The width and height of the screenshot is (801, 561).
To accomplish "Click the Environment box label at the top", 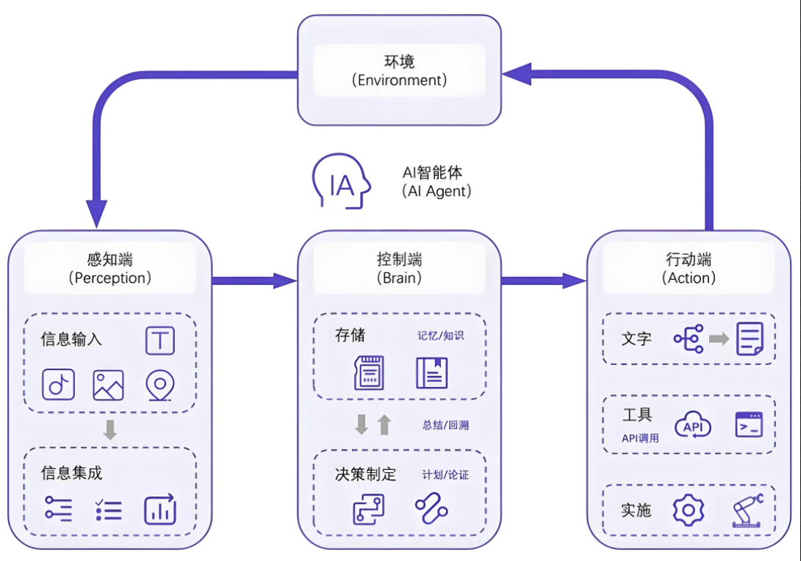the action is (x=400, y=70).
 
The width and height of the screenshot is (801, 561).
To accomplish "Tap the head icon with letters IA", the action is (x=341, y=181).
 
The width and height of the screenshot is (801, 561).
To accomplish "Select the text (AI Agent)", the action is (x=437, y=191).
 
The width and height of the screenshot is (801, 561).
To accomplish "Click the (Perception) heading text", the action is (x=109, y=278).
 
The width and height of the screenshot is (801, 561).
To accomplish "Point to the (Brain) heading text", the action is (x=400, y=278).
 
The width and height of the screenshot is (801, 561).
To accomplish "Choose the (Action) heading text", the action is (x=689, y=278).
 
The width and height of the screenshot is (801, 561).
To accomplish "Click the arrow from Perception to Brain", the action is (x=254, y=280).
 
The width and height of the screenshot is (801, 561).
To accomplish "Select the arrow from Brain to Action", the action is (x=544, y=280).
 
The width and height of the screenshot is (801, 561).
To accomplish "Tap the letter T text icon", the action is (x=160, y=341).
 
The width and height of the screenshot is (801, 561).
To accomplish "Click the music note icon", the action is (x=58, y=384).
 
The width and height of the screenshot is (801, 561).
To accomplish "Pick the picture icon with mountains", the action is (x=108, y=385).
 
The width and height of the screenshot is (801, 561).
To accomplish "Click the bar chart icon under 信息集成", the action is (x=160, y=510).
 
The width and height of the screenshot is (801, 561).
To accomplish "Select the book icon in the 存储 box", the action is (x=432, y=372).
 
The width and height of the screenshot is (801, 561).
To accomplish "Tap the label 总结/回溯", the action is (x=445, y=425).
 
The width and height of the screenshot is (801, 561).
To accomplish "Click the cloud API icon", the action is (x=693, y=425).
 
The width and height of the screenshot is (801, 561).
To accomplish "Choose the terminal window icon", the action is (x=749, y=424).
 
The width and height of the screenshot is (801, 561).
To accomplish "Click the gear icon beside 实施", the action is (x=689, y=510).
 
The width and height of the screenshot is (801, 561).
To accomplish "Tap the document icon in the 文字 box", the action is (x=750, y=339).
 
